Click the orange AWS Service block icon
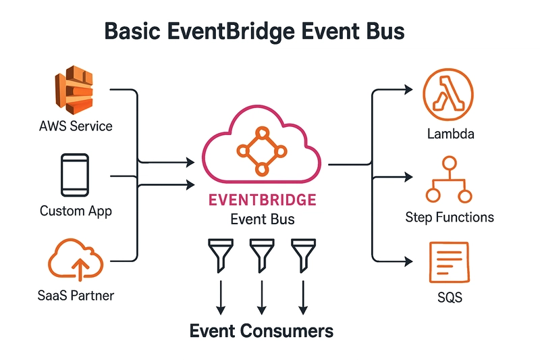[x=74, y=90]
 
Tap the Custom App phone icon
[x=75, y=175]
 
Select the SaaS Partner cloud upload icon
[x=76, y=259]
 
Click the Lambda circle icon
[x=448, y=95]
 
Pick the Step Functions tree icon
[x=449, y=180]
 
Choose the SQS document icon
[x=449, y=262]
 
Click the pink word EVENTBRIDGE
[x=263, y=200]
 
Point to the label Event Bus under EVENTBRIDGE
[x=263, y=220]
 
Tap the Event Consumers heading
[x=261, y=331]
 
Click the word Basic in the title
[x=132, y=31]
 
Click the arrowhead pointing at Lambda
[x=409, y=90]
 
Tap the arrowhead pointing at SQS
[x=409, y=261]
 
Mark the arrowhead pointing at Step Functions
[x=409, y=177]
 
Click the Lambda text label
[x=450, y=134]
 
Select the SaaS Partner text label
[x=76, y=296]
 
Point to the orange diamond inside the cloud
[x=262, y=151]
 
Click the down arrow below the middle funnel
[x=262, y=297]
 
